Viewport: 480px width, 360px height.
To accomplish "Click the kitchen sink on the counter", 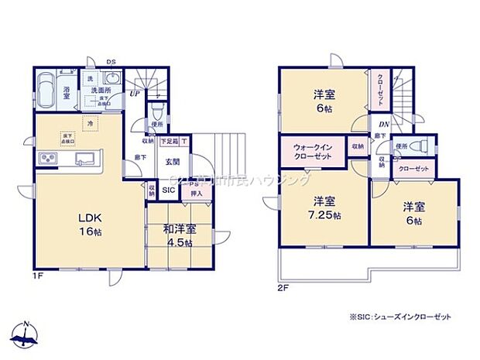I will pos(83,160).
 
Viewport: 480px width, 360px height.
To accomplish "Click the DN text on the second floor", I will pos(383,123).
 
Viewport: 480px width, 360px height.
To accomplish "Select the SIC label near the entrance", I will pos(169,187).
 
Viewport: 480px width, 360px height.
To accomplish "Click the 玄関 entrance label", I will pos(173,162).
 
